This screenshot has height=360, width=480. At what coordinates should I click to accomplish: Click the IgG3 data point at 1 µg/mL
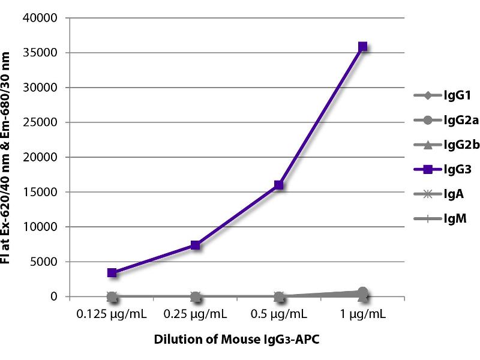362,47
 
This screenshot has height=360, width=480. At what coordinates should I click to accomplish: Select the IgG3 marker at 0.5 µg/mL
279,185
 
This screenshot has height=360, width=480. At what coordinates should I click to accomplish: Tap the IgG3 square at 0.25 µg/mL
195,245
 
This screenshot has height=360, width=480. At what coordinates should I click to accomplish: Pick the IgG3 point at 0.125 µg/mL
112,272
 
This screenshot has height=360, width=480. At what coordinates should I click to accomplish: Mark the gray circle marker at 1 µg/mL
362,293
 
